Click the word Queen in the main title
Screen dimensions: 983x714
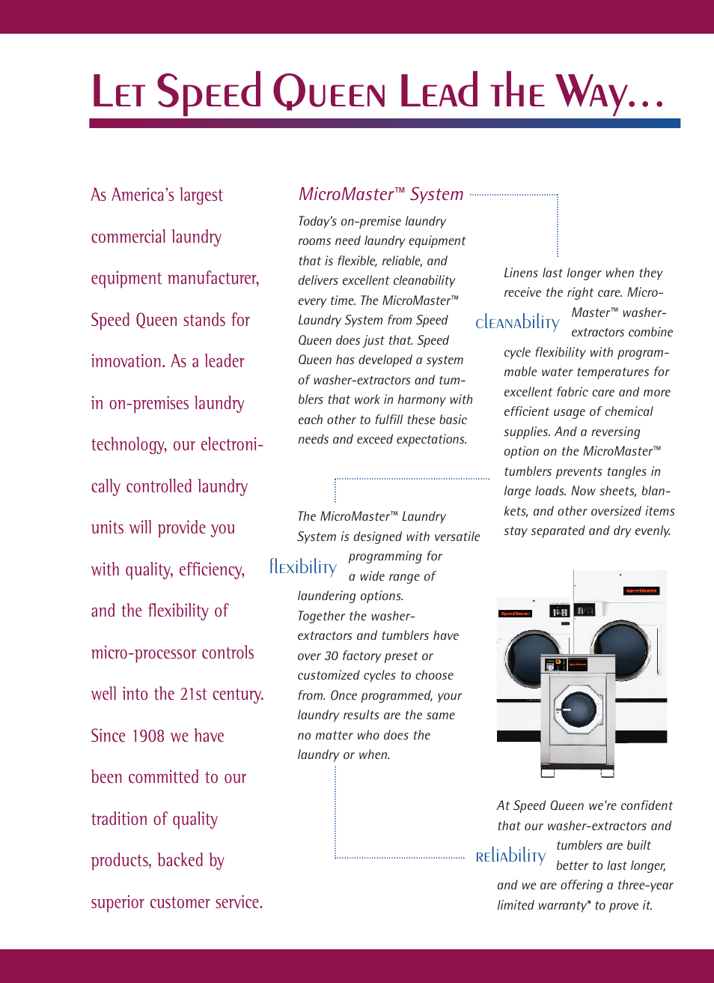tap(329, 93)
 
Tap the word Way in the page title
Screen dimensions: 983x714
tap(591, 93)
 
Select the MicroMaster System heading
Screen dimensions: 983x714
tap(381, 195)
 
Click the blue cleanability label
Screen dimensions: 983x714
tap(517, 323)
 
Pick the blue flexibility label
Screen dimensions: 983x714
tap(303, 567)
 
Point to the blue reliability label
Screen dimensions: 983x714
tap(510, 856)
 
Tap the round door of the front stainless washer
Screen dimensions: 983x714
tap(577, 708)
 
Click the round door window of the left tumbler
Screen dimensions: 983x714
tap(530, 656)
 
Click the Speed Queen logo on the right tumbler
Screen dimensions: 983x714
tap(641, 591)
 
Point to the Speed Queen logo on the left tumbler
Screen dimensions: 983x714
tap(516, 614)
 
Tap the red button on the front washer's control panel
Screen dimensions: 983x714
tap(577, 665)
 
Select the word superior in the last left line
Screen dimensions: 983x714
tap(118, 903)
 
